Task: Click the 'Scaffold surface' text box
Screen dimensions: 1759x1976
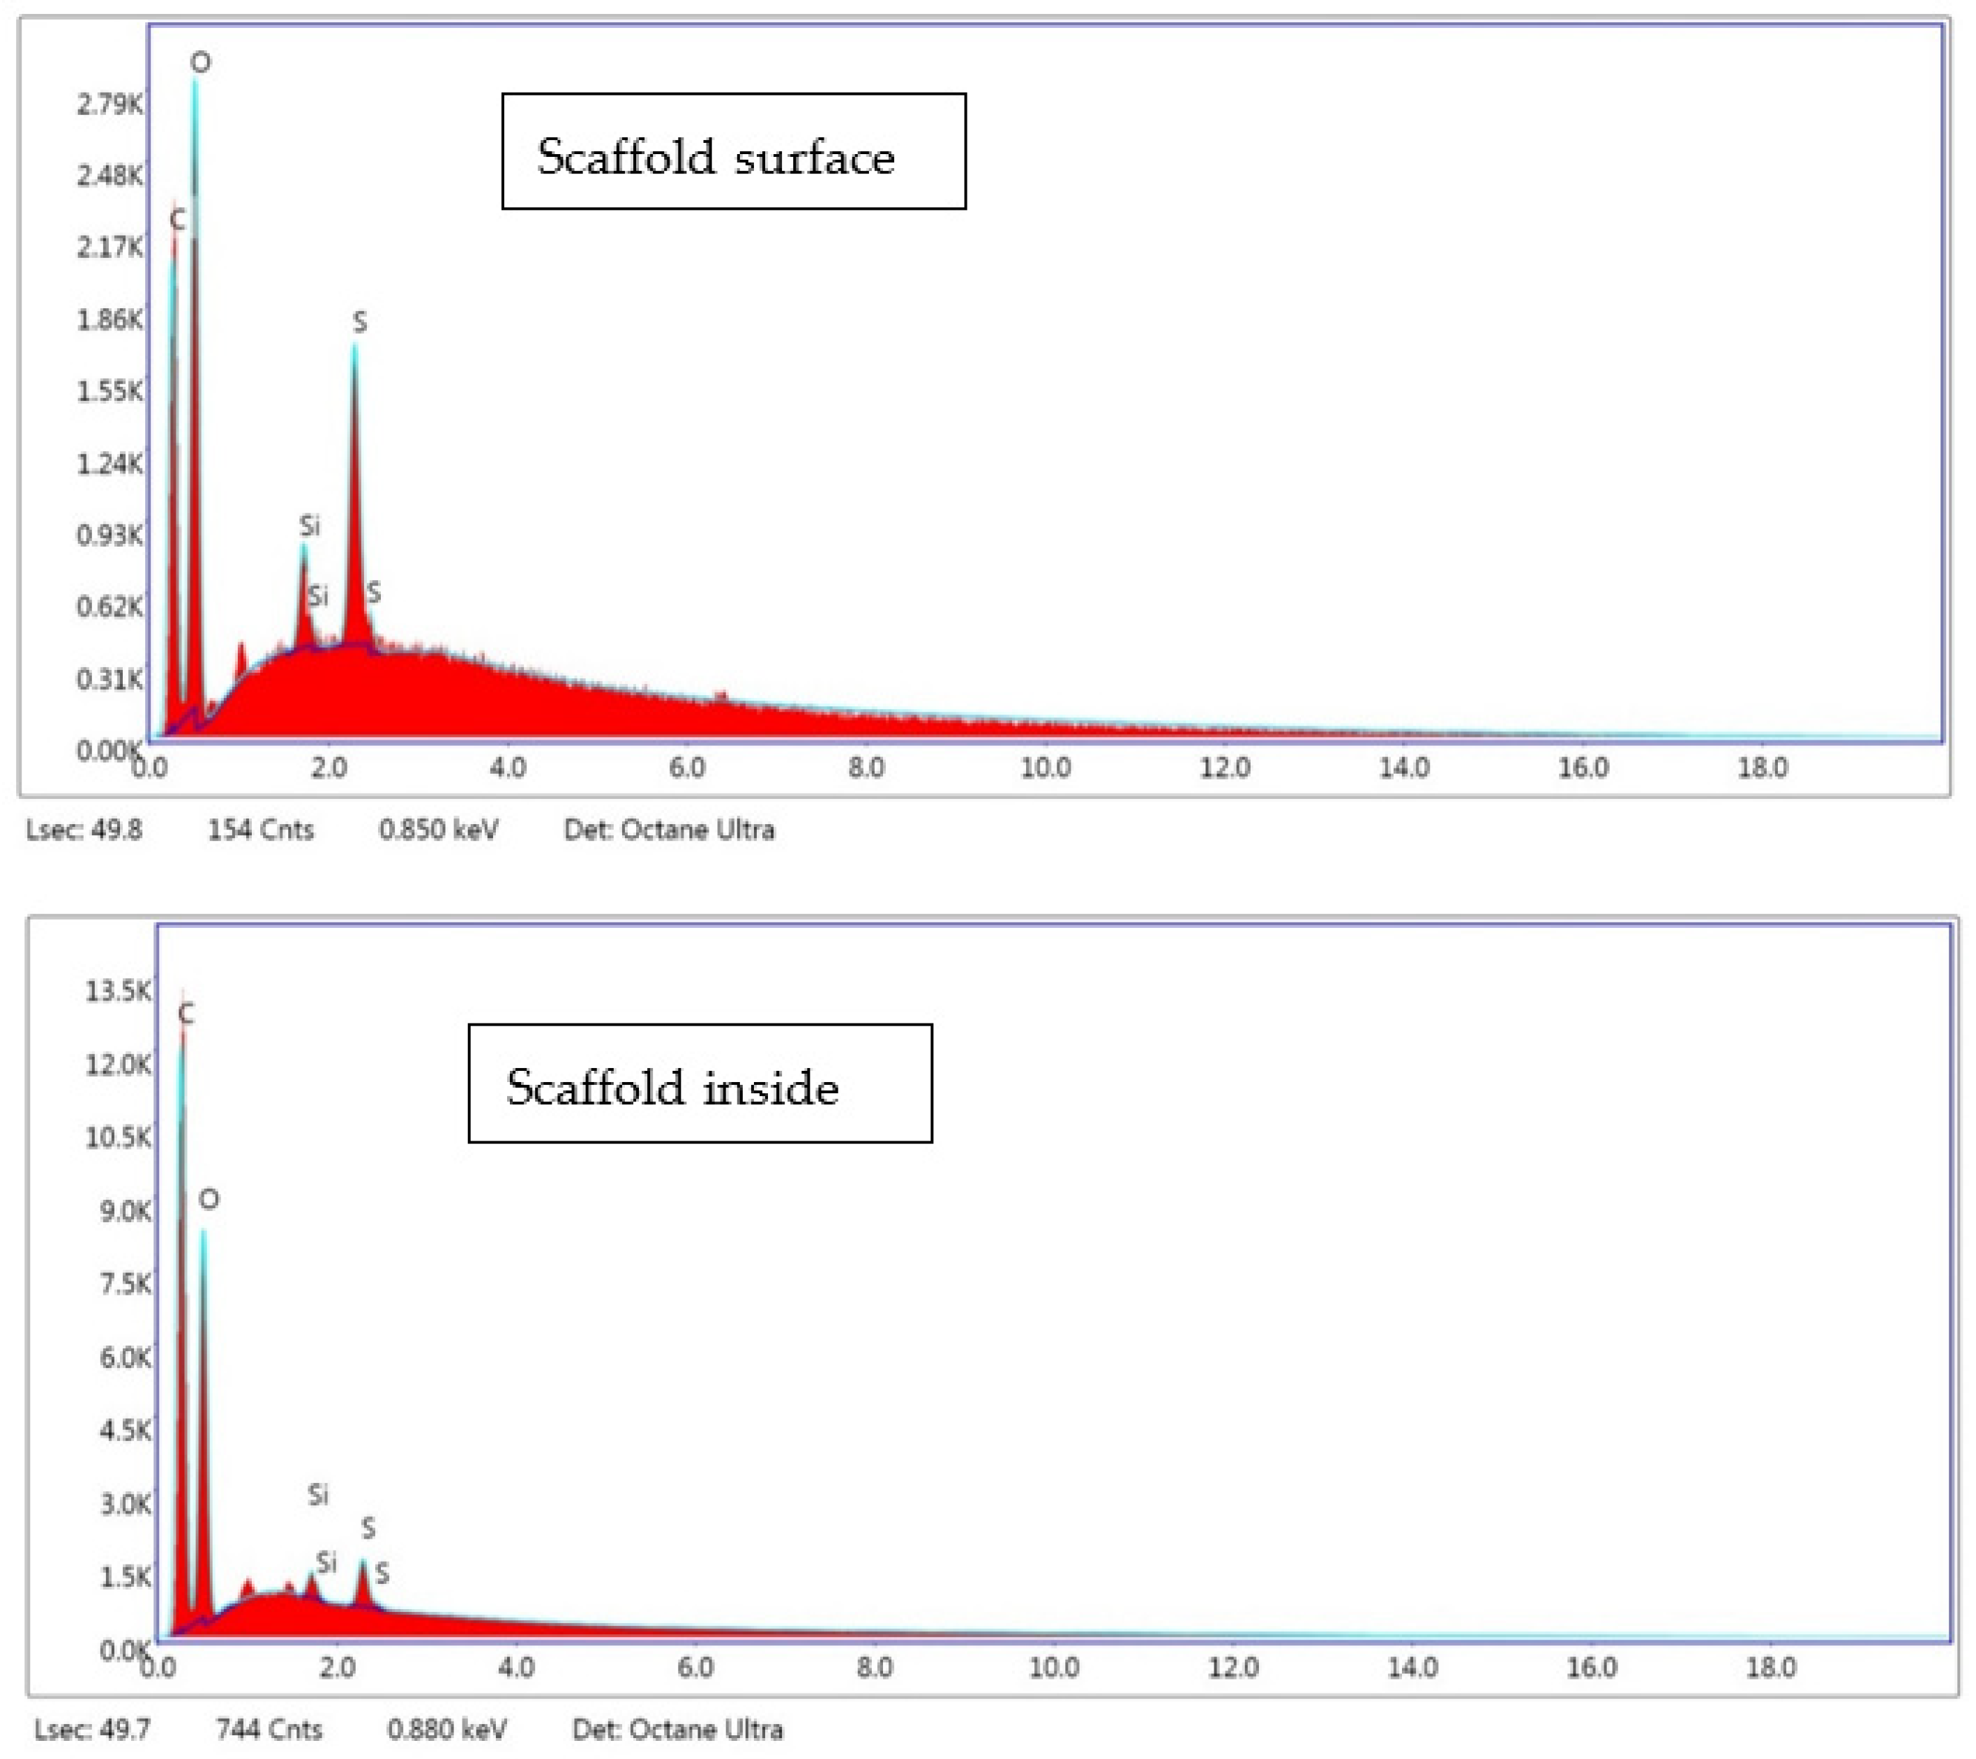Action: (x=733, y=152)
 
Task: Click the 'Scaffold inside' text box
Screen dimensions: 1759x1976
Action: (x=699, y=1083)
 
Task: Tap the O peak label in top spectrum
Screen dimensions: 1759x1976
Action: (x=200, y=63)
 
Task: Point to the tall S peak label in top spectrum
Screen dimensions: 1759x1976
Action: (x=360, y=322)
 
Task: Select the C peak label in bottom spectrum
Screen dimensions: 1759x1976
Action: (x=186, y=1014)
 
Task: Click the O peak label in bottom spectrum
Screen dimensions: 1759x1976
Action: (x=209, y=1199)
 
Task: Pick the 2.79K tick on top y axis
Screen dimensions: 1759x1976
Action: (x=110, y=103)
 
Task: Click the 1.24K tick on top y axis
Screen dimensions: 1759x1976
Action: (x=110, y=464)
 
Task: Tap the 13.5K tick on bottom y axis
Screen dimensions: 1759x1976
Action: (x=118, y=991)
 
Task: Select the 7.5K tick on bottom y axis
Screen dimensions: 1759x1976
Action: (x=125, y=1284)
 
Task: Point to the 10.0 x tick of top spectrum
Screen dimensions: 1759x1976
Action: (x=1045, y=768)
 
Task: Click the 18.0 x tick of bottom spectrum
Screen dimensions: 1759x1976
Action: (x=1770, y=1667)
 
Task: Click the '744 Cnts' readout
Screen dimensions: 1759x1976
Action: (x=269, y=1729)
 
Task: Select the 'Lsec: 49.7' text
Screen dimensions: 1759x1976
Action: (x=92, y=1729)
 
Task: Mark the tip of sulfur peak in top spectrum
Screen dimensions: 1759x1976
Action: (x=355, y=346)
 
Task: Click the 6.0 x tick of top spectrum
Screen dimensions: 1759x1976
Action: (x=686, y=768)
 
